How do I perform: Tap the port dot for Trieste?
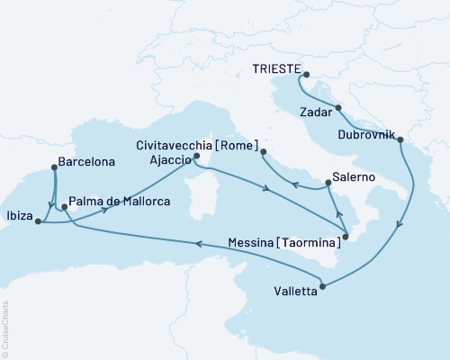(305, 76)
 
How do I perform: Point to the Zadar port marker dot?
(338, 108)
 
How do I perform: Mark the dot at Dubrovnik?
(399, 139)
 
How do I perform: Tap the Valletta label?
(294, 292)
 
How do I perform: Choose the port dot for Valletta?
(322, 287)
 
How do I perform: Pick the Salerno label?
(352, 177)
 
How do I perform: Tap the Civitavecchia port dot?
(263, 152)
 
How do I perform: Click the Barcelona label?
(85, 166)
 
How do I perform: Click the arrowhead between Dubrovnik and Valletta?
(400, 227)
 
